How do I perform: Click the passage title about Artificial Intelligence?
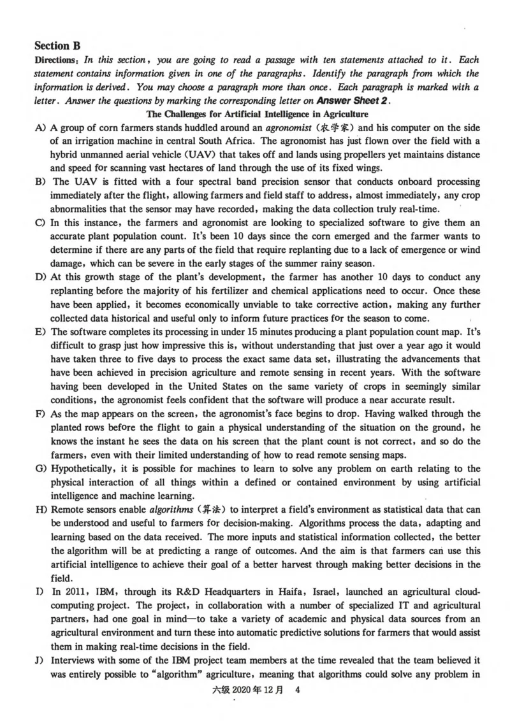click(258, 115)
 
